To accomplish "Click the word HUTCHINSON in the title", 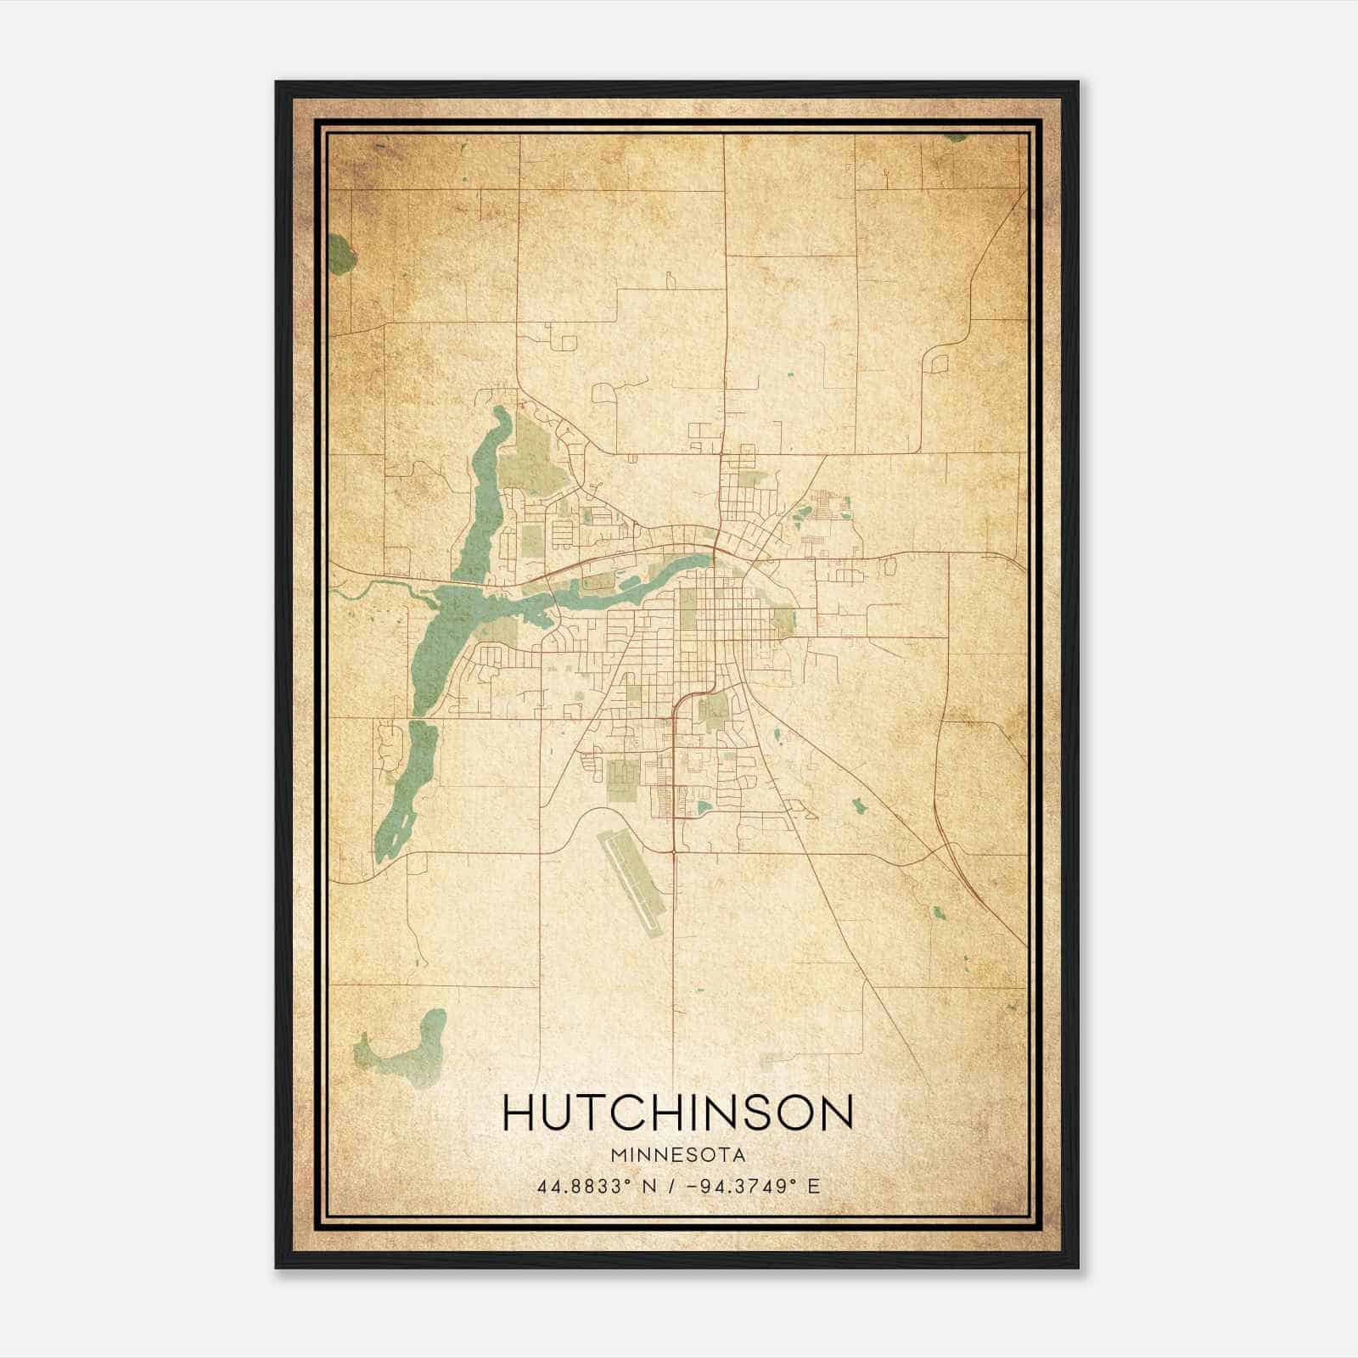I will point(677,1113).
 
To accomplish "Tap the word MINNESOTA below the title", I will point(677,1156).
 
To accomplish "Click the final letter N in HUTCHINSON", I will point(836,1113).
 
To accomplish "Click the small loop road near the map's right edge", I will point(940,363).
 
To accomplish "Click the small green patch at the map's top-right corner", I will point(956,137).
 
